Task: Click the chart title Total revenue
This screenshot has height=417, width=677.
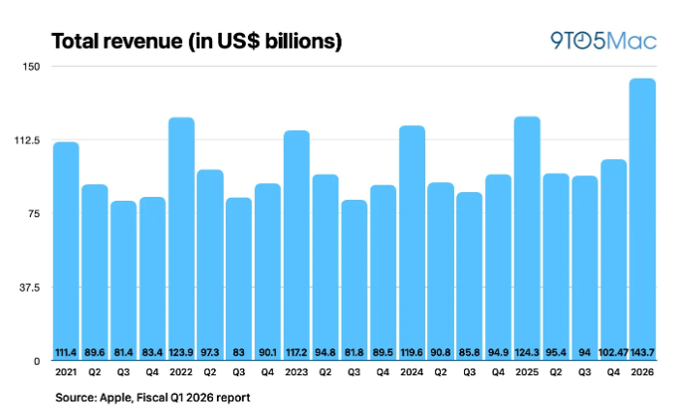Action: click(196, 42)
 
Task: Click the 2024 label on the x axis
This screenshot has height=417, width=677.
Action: click(412, 373)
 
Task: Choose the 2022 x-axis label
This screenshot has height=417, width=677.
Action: click(181, 373)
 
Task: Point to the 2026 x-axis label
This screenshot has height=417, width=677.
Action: click(642, 373)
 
